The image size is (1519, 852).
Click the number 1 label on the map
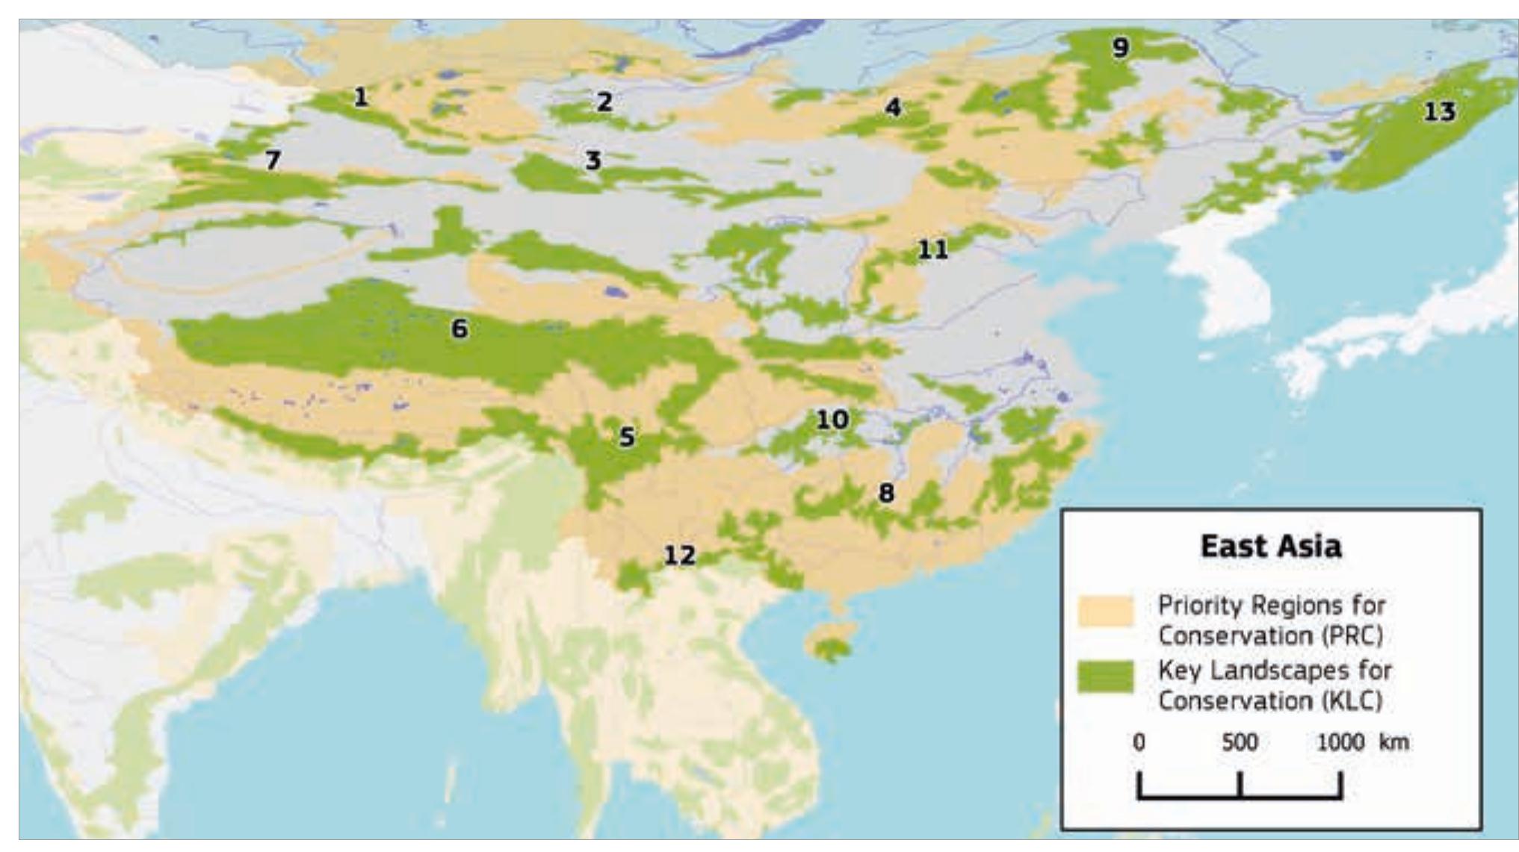click(361, 97)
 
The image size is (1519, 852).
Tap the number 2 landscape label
click(604, 102)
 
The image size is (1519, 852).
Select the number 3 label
click(593, 160)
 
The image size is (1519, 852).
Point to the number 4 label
click(893, 108)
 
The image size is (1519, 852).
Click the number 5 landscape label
click(627, 438)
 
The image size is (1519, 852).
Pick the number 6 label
click(460, 328)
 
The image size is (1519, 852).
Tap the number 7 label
click(273, 160)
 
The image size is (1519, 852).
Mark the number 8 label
click(885, 493)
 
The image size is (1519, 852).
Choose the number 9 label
click(1120, 49)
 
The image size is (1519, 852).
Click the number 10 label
click(832, 420)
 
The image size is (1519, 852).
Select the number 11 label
click(932, 249)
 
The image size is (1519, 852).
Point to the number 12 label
click(679, 556)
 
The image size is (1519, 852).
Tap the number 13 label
click(1439, 112)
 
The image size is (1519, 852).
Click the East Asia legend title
click(1270, 546)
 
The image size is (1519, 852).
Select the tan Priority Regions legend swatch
click(1105, 611)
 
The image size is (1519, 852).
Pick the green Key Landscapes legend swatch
click(1105, 677)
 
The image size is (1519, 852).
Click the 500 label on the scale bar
click(1240, 742)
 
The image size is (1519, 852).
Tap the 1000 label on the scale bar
click(1340, 742)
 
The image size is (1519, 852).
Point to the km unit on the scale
click(1394, 742)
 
